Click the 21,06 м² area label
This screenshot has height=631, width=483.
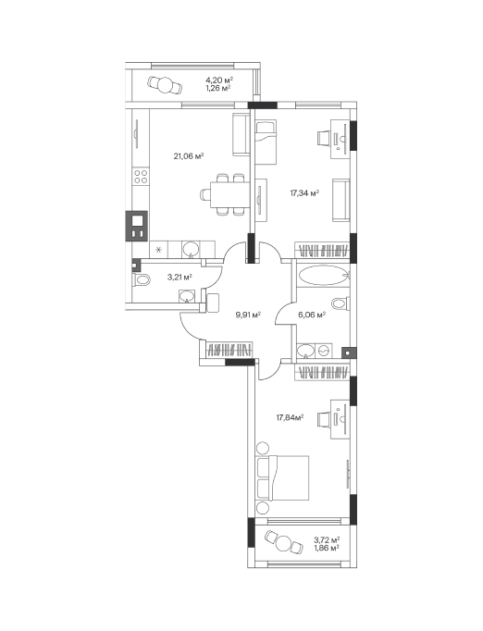coord(189,156)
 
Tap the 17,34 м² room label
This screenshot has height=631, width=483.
coord(304,193)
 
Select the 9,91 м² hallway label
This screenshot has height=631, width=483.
coord(248,315)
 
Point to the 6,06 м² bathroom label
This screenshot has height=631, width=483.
coord(312,315)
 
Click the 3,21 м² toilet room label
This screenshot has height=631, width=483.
coord(180,277)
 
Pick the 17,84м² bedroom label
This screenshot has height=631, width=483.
coord(290,417)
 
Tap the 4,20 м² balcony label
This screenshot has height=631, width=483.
coord(219,80)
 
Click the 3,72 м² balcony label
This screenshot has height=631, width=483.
coord(327,539)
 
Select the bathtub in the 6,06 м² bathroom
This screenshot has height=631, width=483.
coord(322,276)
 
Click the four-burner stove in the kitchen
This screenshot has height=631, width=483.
coord(141,177)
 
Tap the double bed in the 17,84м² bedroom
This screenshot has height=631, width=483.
coord(282,477)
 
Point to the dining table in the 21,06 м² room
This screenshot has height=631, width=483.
coord(229,194)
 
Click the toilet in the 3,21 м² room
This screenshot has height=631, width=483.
coord(141,279)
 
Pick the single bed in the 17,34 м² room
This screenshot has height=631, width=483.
coord(266,142)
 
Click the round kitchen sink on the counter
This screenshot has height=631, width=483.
coord(191,249)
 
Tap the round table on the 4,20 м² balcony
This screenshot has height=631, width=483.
coord(165,85)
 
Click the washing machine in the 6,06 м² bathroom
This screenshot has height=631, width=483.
coord(324,351)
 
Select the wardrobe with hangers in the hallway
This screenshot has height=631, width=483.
coord(229,349)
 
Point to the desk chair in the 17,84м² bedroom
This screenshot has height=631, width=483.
coord(324,419)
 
